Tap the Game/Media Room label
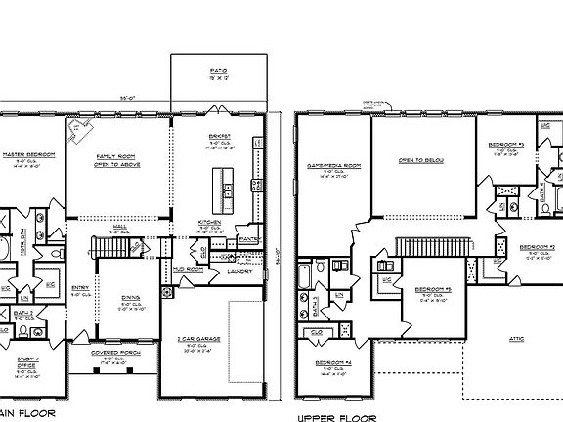pyautogui.click(x=325, y=166)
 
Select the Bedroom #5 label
pyautogui.click(x=432, y=289)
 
